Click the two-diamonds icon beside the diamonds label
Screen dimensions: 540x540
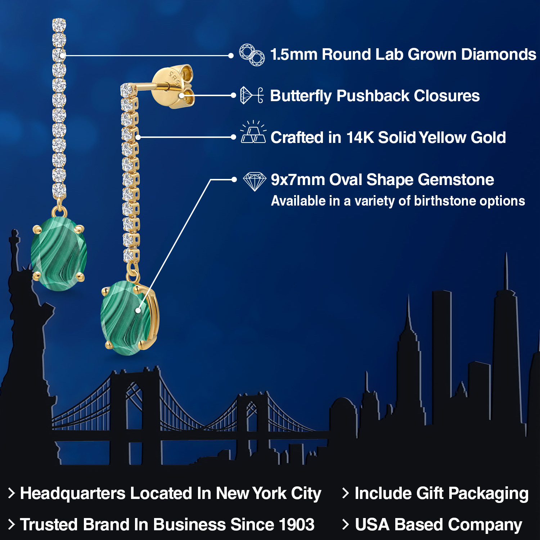pyautogui.click(x=252, y=55)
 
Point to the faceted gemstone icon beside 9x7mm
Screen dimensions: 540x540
pyautogui.click(x=255, y=181)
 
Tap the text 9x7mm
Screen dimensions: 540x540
pyautogui.click(x=297, y=180)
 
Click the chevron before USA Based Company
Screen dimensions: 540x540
pyautogui.click(x=346, y=525)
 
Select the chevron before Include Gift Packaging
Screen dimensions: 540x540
pyautogui.click(x=346, y=493)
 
